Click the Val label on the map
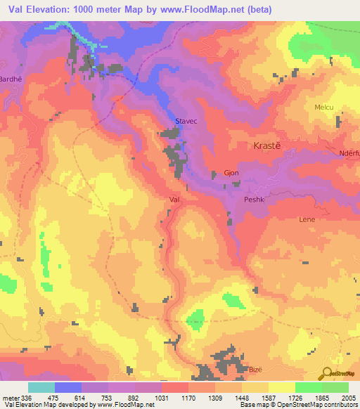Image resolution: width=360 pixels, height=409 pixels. pyautogui.click(x=176, y=200)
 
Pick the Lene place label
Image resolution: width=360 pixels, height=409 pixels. pyautogui.click(x=307, y=219)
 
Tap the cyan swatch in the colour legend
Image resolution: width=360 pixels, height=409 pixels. pyautogui.click(x=41, y=387)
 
